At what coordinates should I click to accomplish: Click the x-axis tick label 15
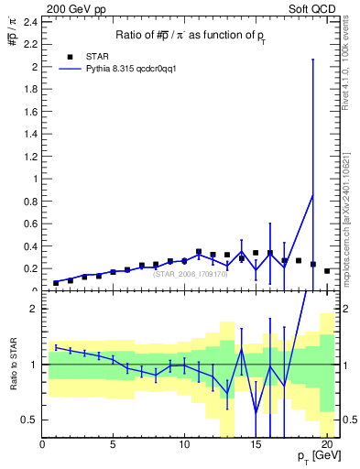pyautogui.click(x=255, y=446)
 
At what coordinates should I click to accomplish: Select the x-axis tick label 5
pyautogui.click(x=113, y=446)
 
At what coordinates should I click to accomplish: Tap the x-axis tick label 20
pyautogui.click(x=325, y=446)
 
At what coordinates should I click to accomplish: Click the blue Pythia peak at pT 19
pyautogui.click(x=312, y=194)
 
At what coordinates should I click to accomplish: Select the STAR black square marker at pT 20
pyautogui.click(x=327, y=271)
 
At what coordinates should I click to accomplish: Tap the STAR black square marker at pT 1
pyautogui.click(x=57, y=283)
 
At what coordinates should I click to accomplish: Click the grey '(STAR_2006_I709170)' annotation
pyautogui.click(x=189, y=273)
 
